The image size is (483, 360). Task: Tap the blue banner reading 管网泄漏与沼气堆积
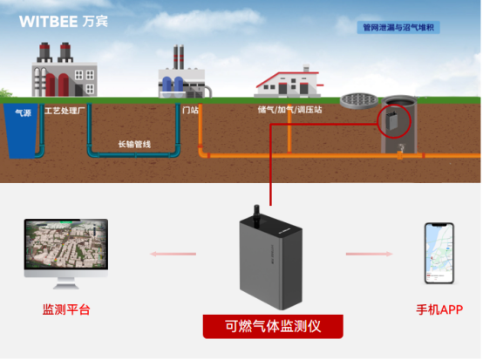[x=401, y=28]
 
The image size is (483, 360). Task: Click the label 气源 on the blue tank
[x=23, y=112]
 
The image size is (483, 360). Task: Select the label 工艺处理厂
[x=66, y=112]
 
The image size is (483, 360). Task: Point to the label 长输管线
[x=134, y=144]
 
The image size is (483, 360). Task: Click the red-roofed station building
[x=288, y=82]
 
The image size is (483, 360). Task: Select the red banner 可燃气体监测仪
[x=273, y=326]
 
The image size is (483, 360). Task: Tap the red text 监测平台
[x=66, y=309]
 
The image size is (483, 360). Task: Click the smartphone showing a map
[x=439, y=253]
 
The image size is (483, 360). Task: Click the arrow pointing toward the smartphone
[x=365, y=255]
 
